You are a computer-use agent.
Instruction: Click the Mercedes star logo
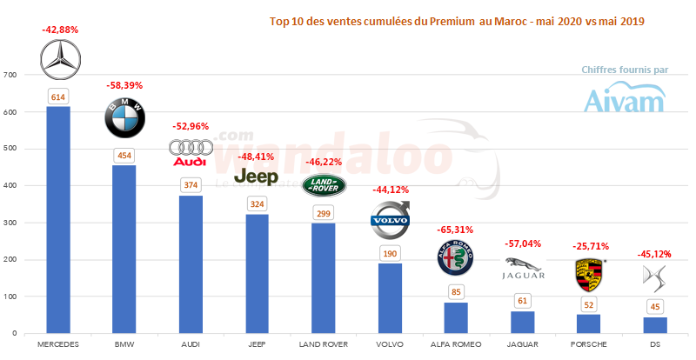point(59,58)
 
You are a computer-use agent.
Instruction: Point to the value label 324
point(257,203)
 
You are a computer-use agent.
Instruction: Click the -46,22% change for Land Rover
point(323,162)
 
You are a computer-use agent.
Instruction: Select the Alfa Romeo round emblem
point(457,259)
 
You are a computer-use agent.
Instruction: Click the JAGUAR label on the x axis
point(523,344)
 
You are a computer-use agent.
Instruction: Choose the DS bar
point(655,324)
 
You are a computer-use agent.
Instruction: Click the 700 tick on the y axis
point(10,76)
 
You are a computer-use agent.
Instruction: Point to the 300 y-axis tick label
point(10,223)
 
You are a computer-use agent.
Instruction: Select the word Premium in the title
point(452,21)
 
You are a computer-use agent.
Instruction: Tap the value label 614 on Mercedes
point(59,97)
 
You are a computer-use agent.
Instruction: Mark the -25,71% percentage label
point(590,246)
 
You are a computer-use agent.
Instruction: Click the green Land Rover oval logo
point(323,184)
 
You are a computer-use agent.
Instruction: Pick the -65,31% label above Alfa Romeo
point(457,230)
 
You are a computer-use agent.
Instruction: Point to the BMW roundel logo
point(125,118)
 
